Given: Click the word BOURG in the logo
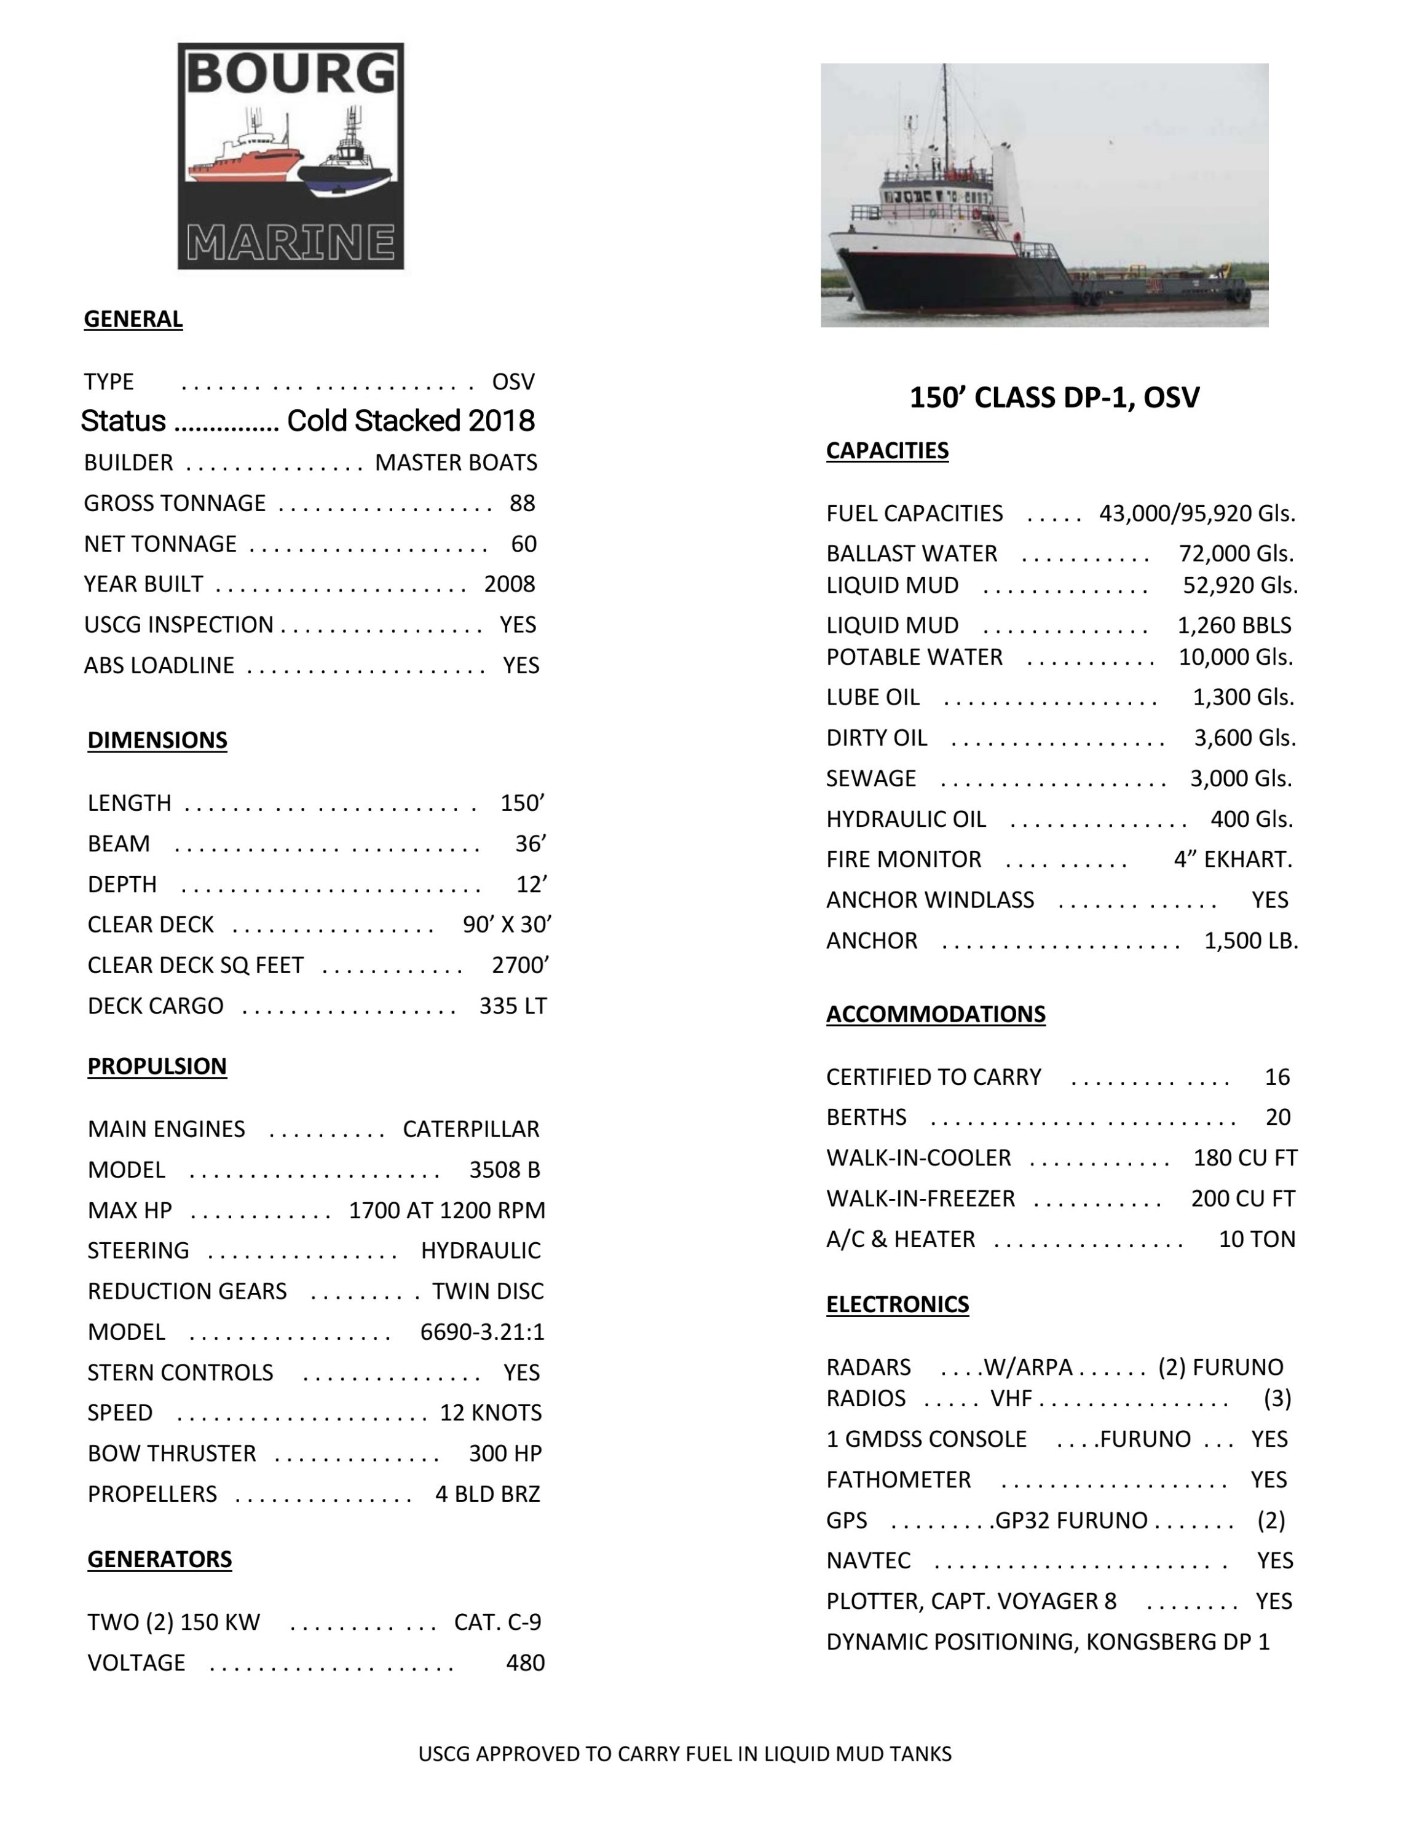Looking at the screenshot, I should (x=290, y=74).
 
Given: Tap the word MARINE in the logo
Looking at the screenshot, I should (x=290, y=242).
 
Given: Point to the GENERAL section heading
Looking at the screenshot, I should (x=133, y=319).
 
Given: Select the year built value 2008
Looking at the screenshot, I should (x=509, y=584).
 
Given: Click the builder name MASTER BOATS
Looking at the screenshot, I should (x=456, y=463).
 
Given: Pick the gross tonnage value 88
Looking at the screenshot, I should (x=522, y=503).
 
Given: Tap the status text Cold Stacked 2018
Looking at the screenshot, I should (x=410, y=420).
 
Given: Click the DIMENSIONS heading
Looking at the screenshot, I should (x=157, y=740).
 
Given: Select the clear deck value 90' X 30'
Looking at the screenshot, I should (x=507, y=925).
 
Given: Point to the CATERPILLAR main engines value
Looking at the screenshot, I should (x=470, y=1129).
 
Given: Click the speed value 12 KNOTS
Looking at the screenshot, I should (x=491, y=1412).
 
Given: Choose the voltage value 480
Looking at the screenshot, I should (x=525, y=1662).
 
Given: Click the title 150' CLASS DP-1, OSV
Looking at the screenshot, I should (x=1054, y=397).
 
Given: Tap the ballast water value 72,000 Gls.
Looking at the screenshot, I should (x=1236, y=554).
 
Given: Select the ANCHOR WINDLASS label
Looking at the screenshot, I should (x=930, y=899).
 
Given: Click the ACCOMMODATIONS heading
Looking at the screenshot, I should (x=936, y=1014).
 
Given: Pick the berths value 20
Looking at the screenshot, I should (x=1277, y=1117).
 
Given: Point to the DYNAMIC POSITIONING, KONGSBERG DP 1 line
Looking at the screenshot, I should (x=1048, y=1641).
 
